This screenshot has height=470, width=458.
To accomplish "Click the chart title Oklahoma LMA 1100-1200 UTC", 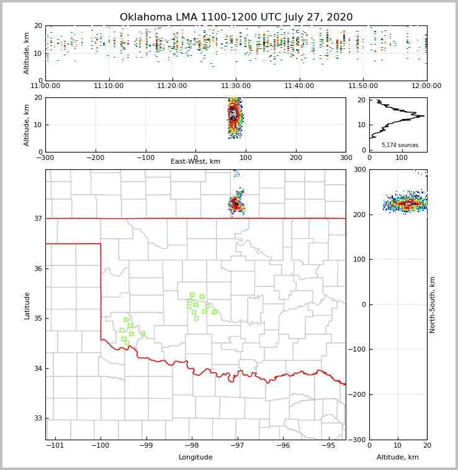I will (236, 17).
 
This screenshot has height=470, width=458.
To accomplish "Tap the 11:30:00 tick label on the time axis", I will (236, 86).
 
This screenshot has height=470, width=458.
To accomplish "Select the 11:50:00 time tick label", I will (363, 86).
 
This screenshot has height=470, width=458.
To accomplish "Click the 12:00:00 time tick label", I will (426, 86).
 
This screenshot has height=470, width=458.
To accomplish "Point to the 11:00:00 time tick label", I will (45, 86).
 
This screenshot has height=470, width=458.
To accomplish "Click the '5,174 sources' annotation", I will (400, 145).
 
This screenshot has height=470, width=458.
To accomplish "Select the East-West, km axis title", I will (195, 162).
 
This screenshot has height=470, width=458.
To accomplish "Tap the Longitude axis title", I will (195, 458).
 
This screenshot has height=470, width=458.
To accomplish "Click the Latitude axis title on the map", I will (27, 305).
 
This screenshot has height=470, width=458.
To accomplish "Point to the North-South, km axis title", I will (433, 304).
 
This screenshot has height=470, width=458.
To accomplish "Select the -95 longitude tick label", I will (328, 445).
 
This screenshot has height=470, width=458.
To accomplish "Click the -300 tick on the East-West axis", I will (45, 157).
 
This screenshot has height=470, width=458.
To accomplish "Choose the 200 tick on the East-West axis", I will (296, 157).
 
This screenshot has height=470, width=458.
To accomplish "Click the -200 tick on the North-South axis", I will (359, 394).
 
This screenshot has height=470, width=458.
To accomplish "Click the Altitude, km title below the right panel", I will (398, 458).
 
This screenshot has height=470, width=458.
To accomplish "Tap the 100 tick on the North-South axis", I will (360, 259).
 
